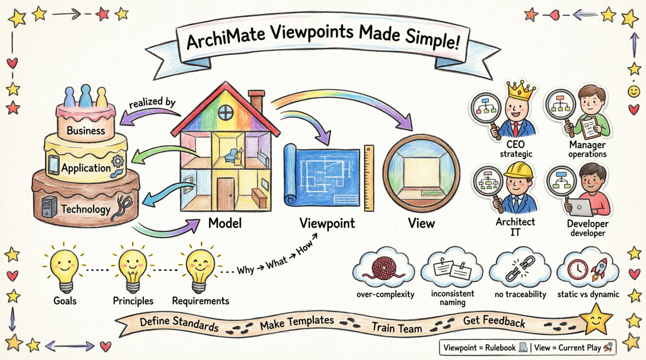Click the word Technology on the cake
[x=85, y=209]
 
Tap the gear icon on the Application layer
[x=118, y=161]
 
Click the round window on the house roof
[x=225, y=112]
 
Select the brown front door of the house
[x=226, y=194]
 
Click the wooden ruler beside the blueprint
[x=369, y=178]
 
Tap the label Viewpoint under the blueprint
[x=327, y=223]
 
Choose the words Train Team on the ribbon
[x=397, y=328]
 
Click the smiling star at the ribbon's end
[x=597, y=320]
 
